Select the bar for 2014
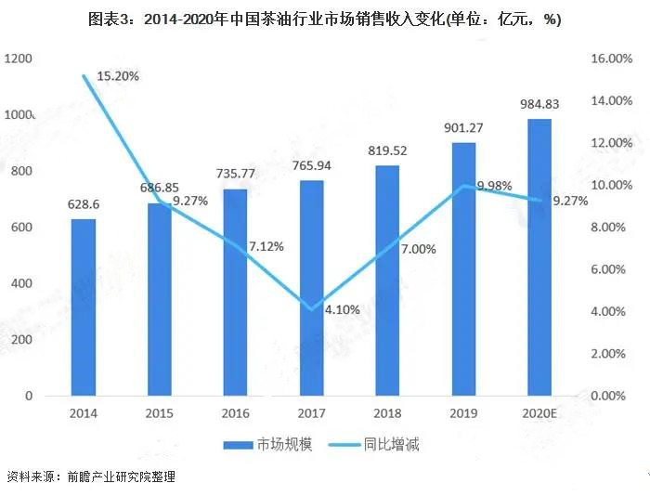pos(84,307)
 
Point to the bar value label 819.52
pos(387,152)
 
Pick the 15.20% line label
pos(115,76)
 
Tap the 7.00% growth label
pos(419,248)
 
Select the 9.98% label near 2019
pos(494,186)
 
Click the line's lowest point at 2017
pos(311,309)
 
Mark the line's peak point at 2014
pos(84,75)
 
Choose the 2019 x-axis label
pos(463,412)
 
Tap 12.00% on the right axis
pos(610,143)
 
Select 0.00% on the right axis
pos(610,396)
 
